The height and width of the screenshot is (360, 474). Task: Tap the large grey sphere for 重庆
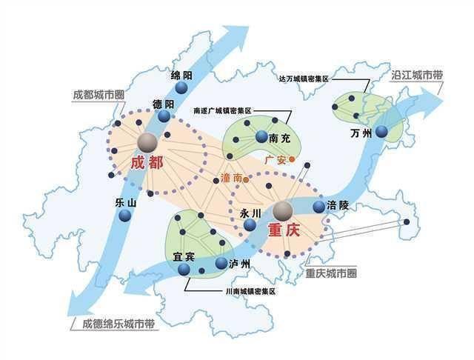point(282,212)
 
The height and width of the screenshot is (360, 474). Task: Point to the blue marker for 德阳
point(163,116)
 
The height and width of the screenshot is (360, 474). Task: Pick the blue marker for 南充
point(261,137)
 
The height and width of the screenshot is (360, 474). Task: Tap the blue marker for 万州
point(381,132)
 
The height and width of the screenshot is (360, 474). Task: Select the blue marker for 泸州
point(220,263)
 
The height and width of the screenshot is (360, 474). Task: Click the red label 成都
point(144,164)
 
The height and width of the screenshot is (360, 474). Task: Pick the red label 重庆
point(282,231)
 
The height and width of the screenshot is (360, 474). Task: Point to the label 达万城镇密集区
point(304,76)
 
